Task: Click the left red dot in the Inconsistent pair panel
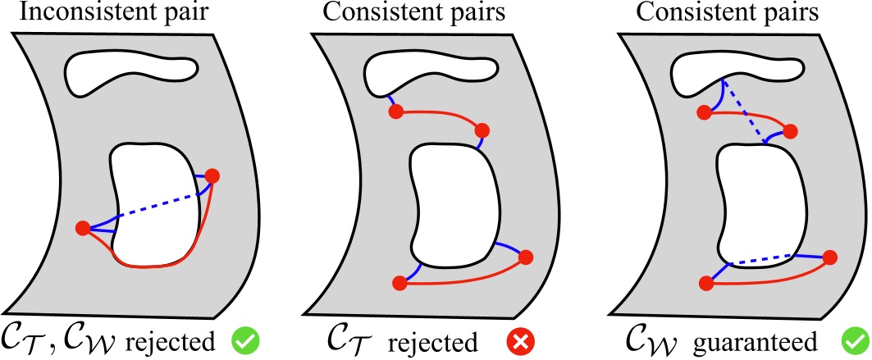pos(82,228)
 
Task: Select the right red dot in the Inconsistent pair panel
pos(213,175)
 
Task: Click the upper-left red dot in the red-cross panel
pos(394,110)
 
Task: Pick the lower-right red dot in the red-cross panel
pos(526,255)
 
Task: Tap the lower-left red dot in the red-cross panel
pos(399,284)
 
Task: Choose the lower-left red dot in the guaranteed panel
pos(705,284)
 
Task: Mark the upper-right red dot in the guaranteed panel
pos(792,130)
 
